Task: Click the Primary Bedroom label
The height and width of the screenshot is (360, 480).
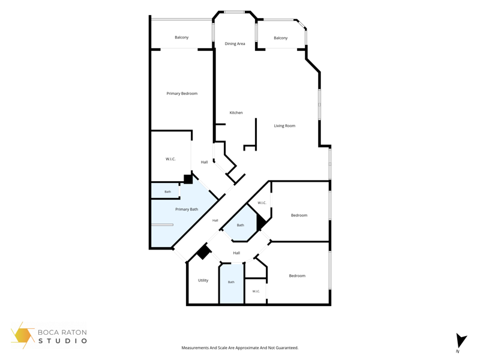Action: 182,94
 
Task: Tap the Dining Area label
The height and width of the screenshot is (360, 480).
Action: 235,43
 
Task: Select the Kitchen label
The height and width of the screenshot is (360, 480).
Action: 236,113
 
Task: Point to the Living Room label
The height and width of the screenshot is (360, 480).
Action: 284,125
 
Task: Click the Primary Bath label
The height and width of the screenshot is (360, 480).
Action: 187,209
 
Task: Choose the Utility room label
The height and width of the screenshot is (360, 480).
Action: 203,280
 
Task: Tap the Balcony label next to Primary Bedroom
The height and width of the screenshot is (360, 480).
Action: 182,37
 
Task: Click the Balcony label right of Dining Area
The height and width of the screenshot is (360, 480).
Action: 280,38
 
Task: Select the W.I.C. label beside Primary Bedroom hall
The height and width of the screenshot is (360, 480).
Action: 170,159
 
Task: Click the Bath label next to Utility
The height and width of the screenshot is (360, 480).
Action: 231,282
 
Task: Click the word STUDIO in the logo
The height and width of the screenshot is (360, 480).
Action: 62,341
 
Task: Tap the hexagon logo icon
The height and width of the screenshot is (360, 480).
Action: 22,335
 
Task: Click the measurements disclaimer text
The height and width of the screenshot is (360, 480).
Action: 239,348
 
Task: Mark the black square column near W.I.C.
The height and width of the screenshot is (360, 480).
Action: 188,179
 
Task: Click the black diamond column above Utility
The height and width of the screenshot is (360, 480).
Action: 204,251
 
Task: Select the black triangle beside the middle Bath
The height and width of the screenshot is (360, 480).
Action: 260,221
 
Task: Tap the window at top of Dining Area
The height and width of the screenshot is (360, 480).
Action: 234,12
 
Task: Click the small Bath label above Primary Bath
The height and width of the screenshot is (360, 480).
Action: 168,191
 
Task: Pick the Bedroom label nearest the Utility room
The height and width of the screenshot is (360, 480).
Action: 297,275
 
